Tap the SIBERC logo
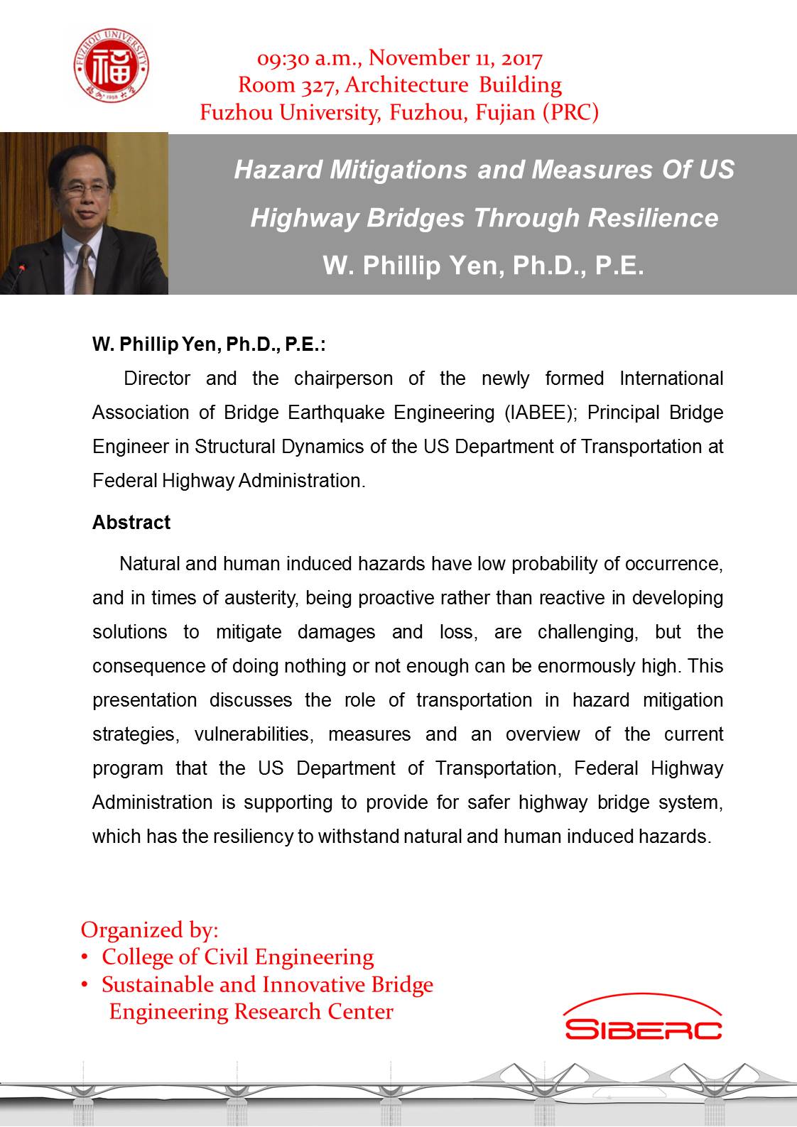643,1020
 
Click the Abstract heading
131,523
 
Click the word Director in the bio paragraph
157,379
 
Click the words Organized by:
150,930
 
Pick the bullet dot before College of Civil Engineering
85,958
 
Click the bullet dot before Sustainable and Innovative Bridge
85,985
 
